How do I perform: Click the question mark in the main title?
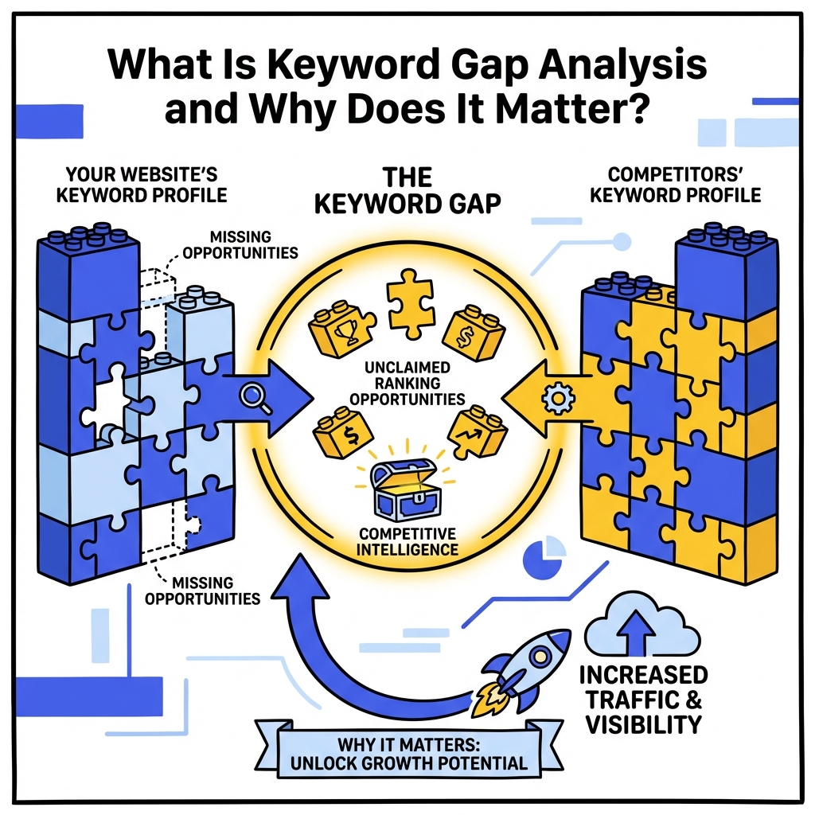634,107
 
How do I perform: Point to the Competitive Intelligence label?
407,540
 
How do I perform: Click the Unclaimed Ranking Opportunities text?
407,383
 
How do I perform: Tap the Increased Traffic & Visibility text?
643,700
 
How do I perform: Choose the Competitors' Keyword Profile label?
676,183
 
